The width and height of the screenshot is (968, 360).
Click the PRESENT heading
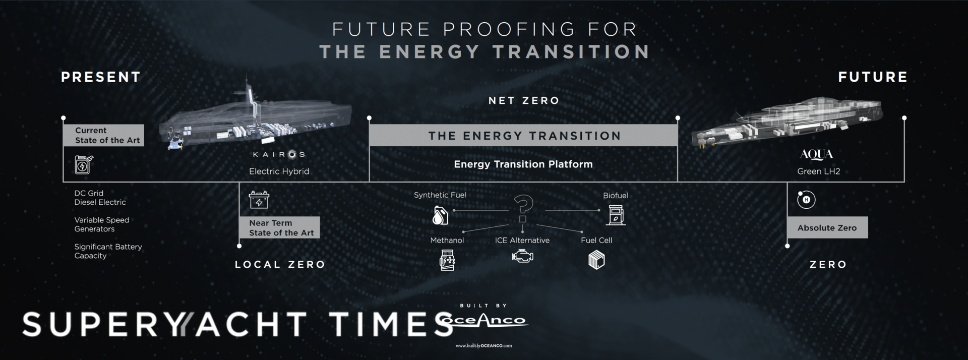(x=101, y=77)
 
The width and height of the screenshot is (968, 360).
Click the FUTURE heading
(x=873, y=77)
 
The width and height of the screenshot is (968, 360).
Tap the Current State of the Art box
(x=104, y=135)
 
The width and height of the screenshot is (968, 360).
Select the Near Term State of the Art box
(x=279, y=227)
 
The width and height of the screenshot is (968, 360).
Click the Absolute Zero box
(x=827, y=227)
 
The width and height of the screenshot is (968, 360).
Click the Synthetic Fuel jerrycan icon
(x=440, y=215)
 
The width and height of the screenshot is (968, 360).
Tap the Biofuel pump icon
(x=616, y=215)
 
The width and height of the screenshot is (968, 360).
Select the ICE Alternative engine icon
(x=522, y=257)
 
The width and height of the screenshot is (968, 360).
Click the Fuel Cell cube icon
(x=596, y=260)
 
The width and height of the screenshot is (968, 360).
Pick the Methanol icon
(x=447, y=260)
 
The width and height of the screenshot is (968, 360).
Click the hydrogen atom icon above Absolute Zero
(x=806, y=200)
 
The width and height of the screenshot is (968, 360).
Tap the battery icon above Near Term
(x=259, y=200)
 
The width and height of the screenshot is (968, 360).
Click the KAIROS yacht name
(x=279, y=154)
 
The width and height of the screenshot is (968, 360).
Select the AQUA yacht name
(x=816, y=154)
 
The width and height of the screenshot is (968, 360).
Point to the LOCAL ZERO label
(x=280, y=264)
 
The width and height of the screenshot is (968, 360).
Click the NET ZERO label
(x=524, y=101)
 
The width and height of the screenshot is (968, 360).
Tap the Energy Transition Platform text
(x=523, y=164)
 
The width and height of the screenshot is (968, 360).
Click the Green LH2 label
(x=818, y=171)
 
